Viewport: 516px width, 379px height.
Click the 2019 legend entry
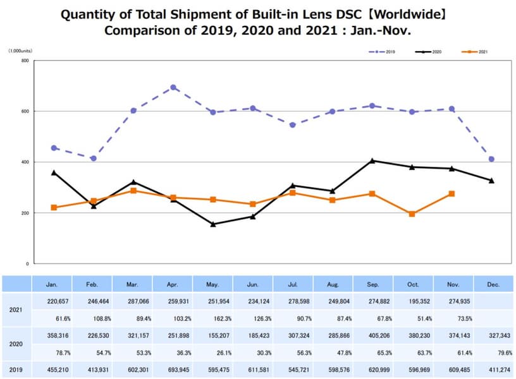(383, 51)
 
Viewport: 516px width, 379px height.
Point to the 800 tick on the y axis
(25, 61)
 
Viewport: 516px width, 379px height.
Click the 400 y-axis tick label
(25, 162)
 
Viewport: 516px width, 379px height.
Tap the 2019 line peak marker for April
(173, 87)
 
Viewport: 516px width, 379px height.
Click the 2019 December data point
(491, 159)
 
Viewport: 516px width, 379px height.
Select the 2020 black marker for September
(372, 160)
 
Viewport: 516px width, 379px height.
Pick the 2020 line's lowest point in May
(213, 224)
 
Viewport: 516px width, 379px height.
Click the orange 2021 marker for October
(412, 214)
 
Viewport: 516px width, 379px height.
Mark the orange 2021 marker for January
(54, 207)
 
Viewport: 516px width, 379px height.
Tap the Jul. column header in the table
(293, 285)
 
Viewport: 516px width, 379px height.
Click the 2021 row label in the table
(16, 310)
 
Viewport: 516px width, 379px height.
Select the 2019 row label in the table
(16, 371)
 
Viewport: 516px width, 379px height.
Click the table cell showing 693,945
(173, 371)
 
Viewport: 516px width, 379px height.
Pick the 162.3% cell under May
(213, 318)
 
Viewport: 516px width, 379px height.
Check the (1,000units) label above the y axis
(21, 51)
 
